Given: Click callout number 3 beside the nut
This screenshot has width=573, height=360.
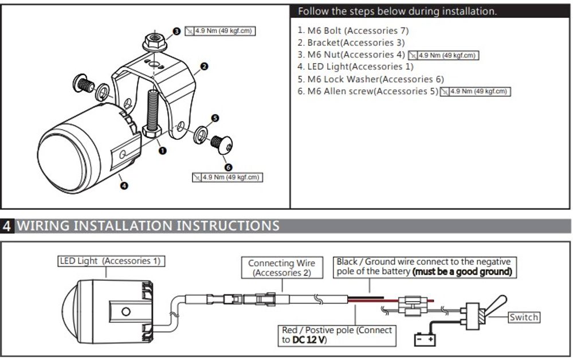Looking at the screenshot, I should (176, 32).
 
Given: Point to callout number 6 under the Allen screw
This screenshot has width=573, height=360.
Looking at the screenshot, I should (229, 167).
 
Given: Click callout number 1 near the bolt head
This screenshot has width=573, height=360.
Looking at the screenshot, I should (162, 151).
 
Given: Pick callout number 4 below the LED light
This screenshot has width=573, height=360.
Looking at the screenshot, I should (124, 185).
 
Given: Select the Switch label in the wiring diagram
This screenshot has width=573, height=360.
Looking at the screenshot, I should (523, 317).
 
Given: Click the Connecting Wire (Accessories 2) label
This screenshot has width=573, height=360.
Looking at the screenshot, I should (281, 268).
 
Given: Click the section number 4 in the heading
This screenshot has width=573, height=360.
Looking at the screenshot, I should (7, 225).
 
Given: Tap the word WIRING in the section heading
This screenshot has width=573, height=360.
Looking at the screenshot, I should (49, 225).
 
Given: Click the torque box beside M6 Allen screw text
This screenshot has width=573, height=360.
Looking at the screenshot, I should (475, 91).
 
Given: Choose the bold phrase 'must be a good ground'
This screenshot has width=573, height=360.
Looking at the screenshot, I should (462, 271).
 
